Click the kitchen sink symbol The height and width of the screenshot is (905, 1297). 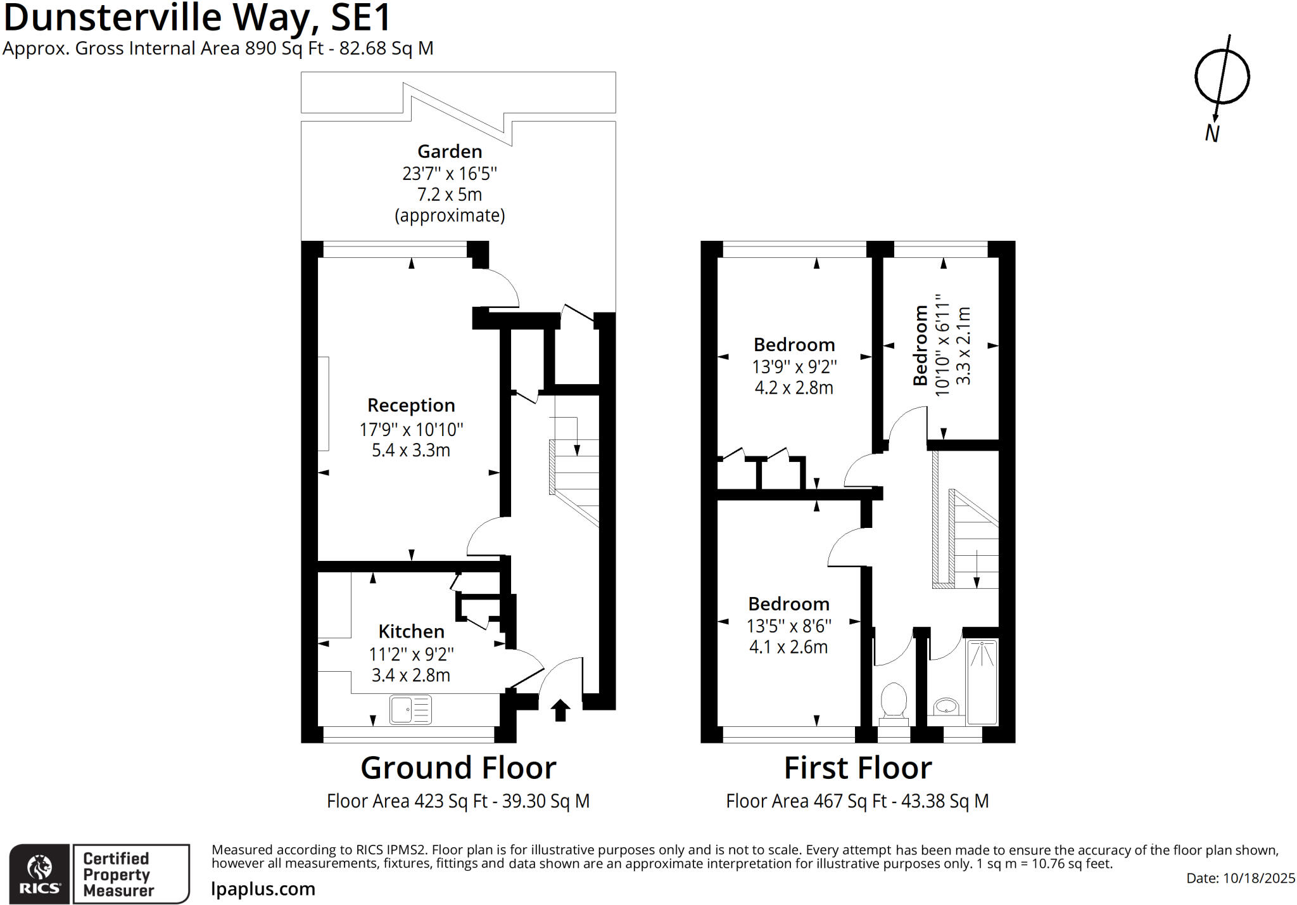(411, 710)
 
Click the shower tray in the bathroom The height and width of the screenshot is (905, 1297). (982, 682)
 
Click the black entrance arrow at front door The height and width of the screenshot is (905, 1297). (560, 710)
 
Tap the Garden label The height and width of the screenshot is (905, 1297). (450, 151)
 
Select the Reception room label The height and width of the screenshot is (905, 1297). (411, 405)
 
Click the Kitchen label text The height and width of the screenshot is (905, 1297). (411, 631)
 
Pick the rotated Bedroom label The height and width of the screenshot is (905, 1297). (920, 345)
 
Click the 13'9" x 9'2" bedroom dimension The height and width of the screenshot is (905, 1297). (794, 367)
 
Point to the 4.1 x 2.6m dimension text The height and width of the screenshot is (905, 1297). (788, 647)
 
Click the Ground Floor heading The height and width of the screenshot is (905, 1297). (459, 767)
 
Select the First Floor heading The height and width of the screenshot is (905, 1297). (857, 767)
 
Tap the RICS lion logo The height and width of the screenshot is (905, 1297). (39, 873)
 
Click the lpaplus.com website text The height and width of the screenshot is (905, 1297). (263, 889)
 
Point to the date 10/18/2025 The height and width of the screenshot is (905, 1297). (1259, 878)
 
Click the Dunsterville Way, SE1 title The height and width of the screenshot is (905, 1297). (197, 18)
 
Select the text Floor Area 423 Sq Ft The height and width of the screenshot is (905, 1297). (407, 801)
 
